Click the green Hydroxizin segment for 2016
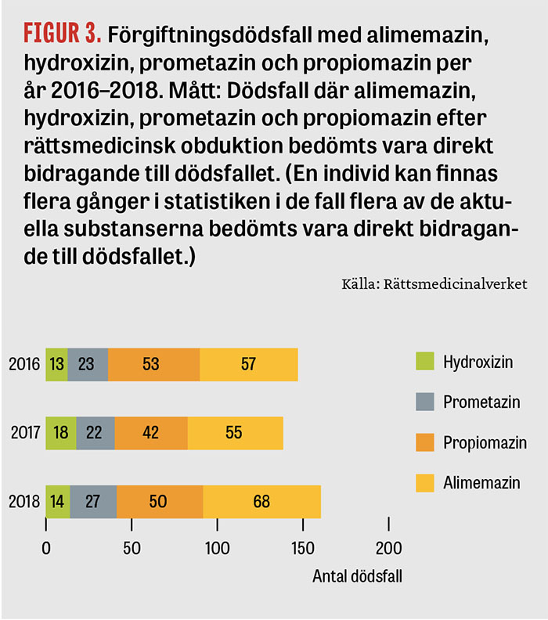pos(57,365)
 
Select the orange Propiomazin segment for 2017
pos(151,433)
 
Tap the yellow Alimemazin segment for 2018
pos(261,501)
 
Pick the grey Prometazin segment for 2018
pos(93,501)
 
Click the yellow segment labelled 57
pos(249,365)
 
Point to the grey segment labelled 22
pos(96,433)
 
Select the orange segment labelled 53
pos(153,365)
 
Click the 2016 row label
pos(24,364)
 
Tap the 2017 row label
pos(26,433)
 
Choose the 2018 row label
pos(24,501)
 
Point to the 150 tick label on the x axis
pos(303,549)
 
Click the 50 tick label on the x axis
pos(132,549)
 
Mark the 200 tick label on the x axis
pos(388,549)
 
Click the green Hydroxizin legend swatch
pos(425,361)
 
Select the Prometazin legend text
pos(481,402)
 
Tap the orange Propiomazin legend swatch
pos(425,442)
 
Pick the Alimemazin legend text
pos(481,483)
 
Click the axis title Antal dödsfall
pos(358,576)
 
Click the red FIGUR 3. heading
pos(63,33)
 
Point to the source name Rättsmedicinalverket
pos(455,284)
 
